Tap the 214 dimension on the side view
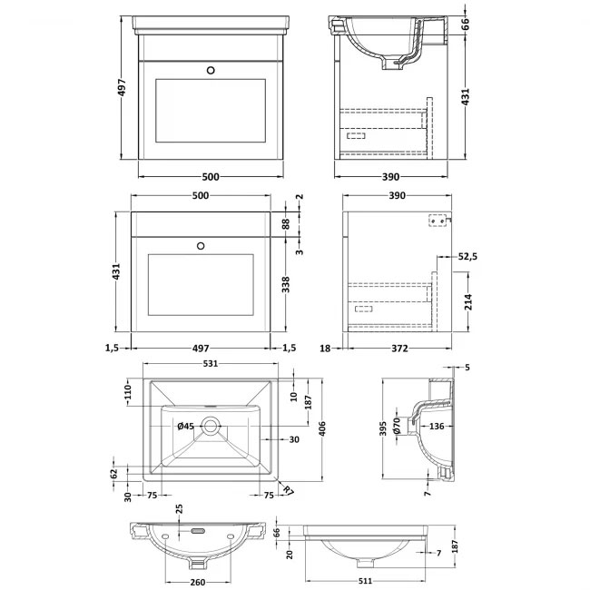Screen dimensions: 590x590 (x=468, y=300)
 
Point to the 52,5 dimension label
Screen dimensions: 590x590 (x=467, y=258)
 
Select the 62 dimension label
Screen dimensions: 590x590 (x=113, y=473)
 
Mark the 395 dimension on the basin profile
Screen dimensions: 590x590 (x=384, y=427)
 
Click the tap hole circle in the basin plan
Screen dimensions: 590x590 (x=212, y=423)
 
